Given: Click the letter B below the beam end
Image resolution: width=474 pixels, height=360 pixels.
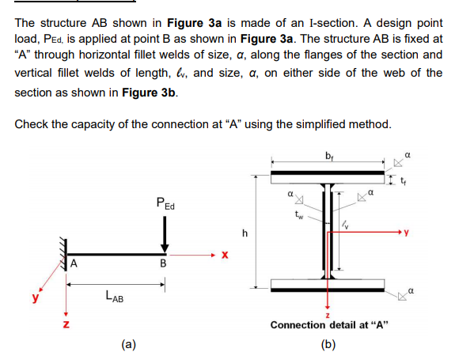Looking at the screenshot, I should tap(163, 263).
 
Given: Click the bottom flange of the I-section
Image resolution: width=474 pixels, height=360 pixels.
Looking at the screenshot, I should tap(328, 285).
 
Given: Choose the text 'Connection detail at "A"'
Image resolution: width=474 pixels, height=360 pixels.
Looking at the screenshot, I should tap(329, 325).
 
